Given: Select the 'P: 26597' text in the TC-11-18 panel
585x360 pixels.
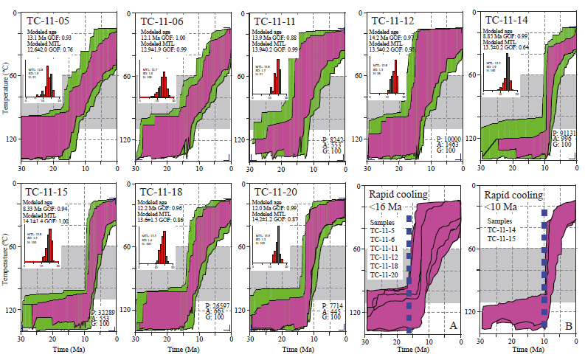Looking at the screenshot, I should click(x=218, y=305).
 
